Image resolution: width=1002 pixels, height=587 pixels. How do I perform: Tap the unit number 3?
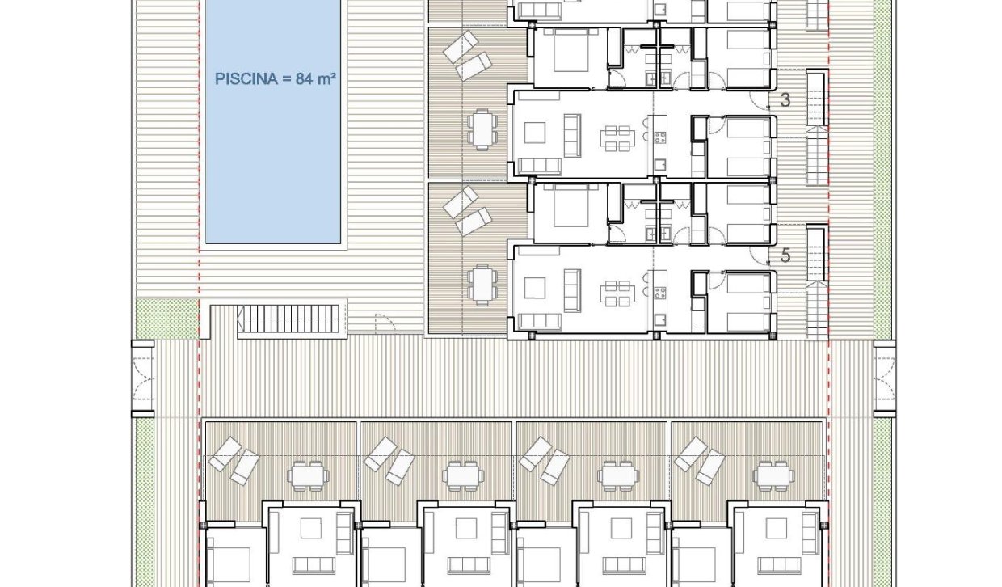point(785,100)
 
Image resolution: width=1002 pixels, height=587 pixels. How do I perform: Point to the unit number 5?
point(785,255)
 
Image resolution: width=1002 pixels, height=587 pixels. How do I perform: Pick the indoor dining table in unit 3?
point(617,138)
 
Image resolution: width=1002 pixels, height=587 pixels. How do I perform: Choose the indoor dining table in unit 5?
point(617,293)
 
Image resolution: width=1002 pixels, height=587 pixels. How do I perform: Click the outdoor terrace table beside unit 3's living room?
point(481,129)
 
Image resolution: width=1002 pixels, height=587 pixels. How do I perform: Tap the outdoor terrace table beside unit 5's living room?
point(481,284)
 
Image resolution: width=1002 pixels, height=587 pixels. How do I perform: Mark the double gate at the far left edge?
point(142,379)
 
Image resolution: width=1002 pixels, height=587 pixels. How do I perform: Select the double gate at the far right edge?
point(884,379)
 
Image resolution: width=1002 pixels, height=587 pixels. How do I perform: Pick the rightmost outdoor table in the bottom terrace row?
point(772,475)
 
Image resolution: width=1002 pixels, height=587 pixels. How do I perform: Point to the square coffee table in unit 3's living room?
point(535,133)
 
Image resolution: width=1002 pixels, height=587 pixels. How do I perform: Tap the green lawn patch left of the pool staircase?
point(166,319)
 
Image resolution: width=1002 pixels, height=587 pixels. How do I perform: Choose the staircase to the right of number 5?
point(818,283)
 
